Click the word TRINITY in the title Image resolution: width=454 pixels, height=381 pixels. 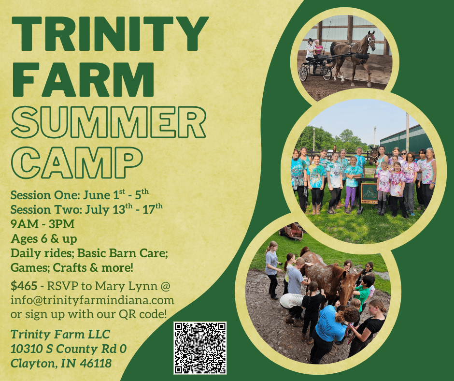click(110, 34)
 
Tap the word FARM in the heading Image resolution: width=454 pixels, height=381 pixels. click(83, 79)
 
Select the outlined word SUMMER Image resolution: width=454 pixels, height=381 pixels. click(108, 122)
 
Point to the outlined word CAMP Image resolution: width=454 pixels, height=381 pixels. click(77, 162)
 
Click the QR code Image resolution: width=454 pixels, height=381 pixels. click(200, 348)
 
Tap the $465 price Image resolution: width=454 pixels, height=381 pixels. click(24, 286)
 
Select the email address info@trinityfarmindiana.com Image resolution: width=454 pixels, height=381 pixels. click(92, 300)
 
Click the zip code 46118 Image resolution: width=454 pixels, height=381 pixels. click(96, 363)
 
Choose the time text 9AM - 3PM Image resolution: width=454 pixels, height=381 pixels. click(43, 224)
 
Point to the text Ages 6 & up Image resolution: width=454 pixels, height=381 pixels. click(44, 239)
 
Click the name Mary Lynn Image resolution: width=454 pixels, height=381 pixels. click(126, 286)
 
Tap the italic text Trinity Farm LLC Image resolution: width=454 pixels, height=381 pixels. click(60, 334)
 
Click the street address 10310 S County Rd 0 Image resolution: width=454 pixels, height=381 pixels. click(69, 349)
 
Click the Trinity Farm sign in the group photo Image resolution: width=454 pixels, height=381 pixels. click(369, 193)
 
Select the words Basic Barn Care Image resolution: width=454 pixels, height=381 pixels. click(123, 253)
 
